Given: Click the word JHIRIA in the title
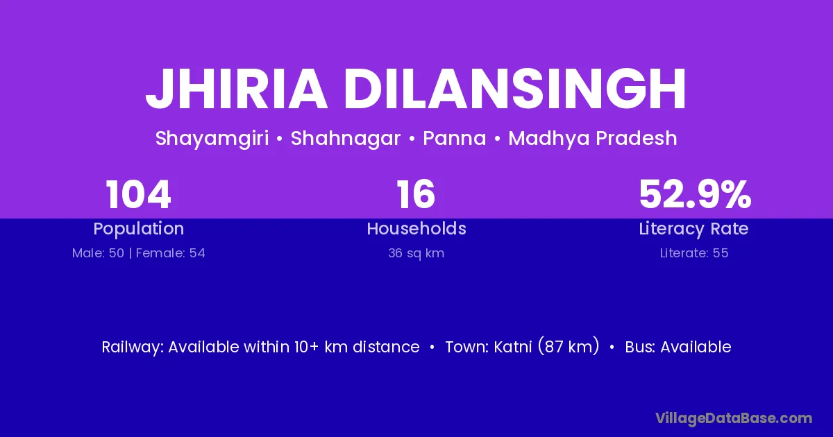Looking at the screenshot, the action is (237, 89).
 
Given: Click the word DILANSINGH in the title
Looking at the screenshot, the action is (515, 89).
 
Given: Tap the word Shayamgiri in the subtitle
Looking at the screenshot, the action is (212, 139).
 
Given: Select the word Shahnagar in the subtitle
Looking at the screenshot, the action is (346, 139).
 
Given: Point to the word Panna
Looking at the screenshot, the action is (455, 138).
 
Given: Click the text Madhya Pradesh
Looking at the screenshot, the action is (593, 139).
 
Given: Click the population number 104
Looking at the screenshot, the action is (138, 194).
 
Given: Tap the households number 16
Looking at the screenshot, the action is (416, 194).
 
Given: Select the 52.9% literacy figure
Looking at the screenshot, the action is (695, 194).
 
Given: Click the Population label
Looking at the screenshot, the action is (139, 229).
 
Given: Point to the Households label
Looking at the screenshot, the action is (416, 228).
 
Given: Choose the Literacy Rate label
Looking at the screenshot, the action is (694, 229).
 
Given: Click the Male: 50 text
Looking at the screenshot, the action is (98, 253).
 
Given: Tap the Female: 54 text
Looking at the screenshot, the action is (171, 253).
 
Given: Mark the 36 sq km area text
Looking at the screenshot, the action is (416, 253).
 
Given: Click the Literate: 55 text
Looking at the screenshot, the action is (694, 253).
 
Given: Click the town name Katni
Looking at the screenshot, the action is (513, 347).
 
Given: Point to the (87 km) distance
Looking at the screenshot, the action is (569, 347).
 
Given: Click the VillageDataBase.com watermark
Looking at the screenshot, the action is (734, 418).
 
